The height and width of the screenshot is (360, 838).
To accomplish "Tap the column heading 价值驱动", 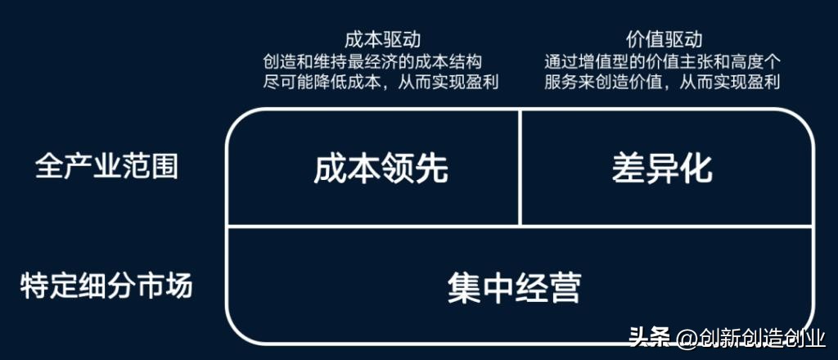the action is tap(663, 39).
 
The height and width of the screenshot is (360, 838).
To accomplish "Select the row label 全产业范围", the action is tap(106, 167).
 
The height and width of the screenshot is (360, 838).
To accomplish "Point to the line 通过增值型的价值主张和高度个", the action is tap(663, 61).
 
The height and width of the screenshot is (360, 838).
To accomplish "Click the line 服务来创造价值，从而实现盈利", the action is tap(663, 82).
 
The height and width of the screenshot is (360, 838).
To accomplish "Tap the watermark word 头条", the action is tap(650, 336).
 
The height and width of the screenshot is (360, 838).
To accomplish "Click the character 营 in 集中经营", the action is tap(565, 288).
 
